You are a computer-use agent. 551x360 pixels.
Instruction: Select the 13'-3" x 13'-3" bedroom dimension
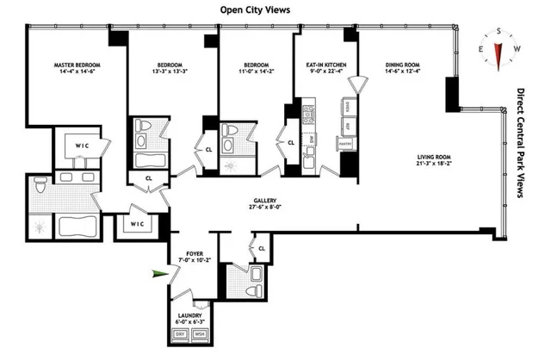click(170, 72)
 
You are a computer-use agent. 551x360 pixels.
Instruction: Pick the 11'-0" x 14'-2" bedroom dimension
click(252, 72)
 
